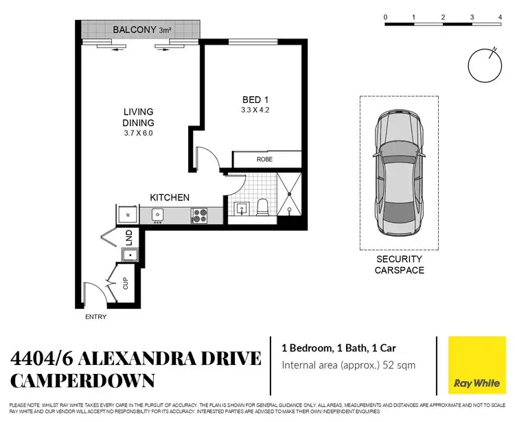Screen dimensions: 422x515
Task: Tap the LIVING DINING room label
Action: coord(138,117)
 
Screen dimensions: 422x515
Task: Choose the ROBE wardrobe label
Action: coord(264,159)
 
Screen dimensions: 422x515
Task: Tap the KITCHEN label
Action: coord(170,198)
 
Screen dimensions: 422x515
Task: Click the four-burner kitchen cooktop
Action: coord(200,215)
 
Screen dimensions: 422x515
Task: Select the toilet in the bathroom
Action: coord(261,207)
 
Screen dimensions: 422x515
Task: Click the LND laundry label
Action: coord(128,237)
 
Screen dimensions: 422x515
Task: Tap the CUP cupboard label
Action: coord(125,283)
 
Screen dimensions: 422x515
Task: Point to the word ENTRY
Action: coord(95,317)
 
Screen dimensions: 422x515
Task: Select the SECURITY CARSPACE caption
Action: coord(399,265)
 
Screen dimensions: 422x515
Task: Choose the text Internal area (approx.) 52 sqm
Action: coord(349,365)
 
